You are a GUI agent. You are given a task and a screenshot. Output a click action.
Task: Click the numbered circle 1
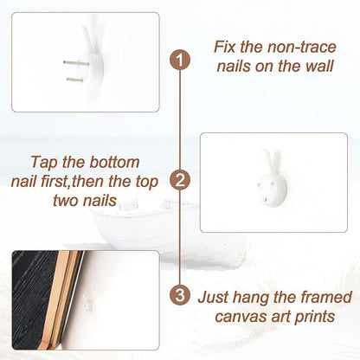pyautogui.click(x=180, y=60)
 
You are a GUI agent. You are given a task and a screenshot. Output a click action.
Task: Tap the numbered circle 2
pyautogui.click(x=180, y=180)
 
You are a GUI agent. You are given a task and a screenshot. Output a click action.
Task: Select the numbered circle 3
pyautogui.click(x=180, y=295)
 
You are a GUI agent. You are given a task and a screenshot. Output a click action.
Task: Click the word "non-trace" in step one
pyautogui.click(x=302, y=47)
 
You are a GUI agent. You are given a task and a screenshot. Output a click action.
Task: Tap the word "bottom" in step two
pyautogui.click(x=114, y=162)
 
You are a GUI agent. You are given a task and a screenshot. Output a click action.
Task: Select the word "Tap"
pyautogui.click(x=44, y=163)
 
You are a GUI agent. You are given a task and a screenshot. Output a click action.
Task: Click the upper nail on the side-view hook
pyautogui.click(x=76, y=62)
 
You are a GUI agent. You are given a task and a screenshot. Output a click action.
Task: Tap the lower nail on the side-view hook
pyautogui.click(x=74, y=80)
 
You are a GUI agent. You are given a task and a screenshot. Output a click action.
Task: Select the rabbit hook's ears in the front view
pyautogui.click(x=271, y=160)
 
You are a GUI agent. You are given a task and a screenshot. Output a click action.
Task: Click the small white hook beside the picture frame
pyautogui.click(x=87, y=304)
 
